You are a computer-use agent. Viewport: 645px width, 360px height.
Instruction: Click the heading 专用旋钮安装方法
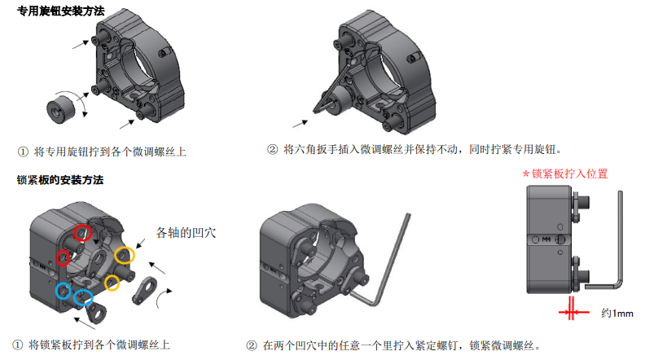61,11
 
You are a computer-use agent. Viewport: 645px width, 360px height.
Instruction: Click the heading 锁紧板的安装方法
60,180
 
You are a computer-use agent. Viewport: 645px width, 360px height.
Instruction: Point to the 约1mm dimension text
617,314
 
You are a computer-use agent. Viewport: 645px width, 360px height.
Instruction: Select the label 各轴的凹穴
186,233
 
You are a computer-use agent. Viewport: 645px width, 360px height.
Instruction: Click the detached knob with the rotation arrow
61,109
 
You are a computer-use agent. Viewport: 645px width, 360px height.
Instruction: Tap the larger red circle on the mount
82,233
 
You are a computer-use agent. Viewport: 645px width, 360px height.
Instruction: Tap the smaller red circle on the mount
63,257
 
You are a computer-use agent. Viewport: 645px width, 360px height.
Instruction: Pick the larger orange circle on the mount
125,255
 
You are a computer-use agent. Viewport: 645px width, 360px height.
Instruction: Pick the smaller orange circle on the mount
112,283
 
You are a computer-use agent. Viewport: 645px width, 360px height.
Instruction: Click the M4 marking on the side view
546,239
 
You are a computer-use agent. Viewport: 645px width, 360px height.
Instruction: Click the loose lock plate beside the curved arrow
145,290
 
